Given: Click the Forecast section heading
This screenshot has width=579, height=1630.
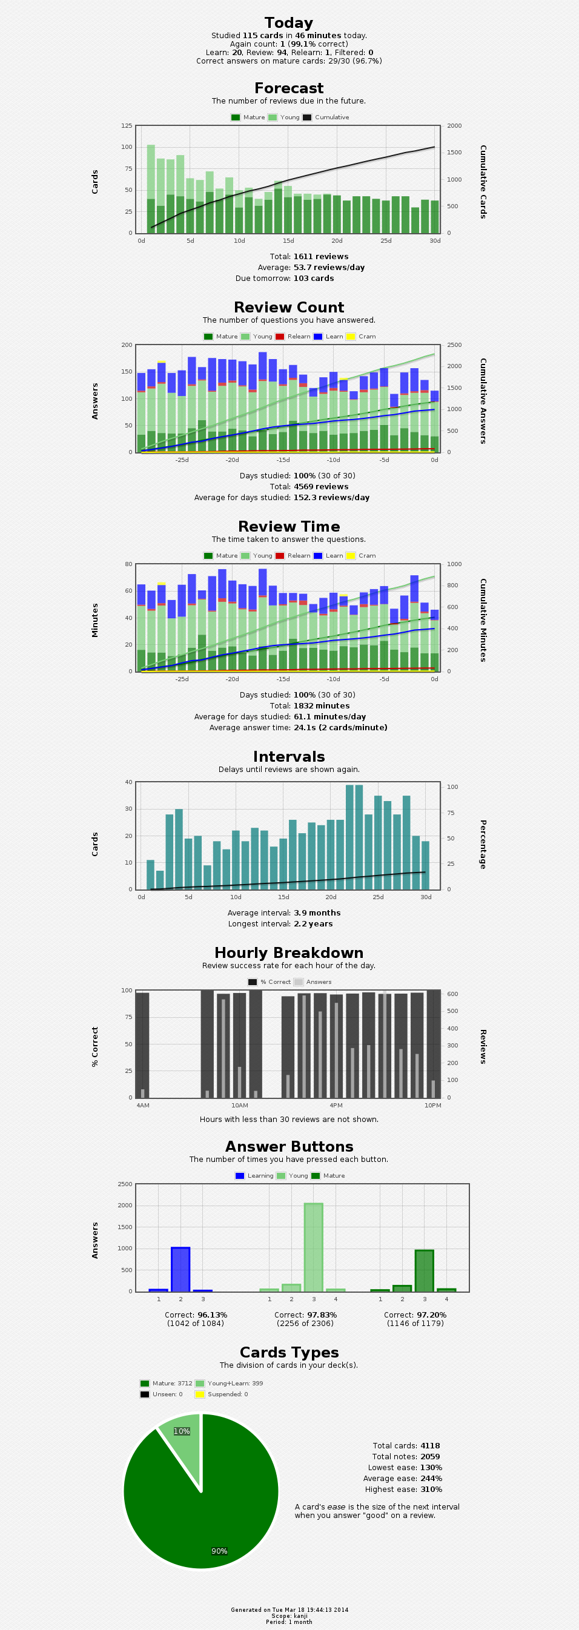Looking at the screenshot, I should coord(288,88).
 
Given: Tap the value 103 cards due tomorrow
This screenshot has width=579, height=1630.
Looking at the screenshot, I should coord(313,279).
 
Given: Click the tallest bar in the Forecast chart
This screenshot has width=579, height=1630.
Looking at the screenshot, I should coord(151,188).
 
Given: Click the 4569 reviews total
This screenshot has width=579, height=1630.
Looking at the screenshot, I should coord(321,487).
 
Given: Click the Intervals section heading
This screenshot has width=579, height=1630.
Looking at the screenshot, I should coord(288,757).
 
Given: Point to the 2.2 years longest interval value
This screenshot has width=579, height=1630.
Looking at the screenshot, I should coord(313,924).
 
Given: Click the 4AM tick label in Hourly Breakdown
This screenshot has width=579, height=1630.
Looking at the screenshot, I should coord(143,1106).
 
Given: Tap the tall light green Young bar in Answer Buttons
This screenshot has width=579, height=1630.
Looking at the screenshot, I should coord(313,1247).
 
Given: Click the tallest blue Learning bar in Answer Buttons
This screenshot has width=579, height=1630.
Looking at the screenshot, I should coord(180,1269).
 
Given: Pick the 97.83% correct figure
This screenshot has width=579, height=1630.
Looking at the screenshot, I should coord(321,1315).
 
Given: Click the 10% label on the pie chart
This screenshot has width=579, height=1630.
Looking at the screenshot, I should coord(182,1431).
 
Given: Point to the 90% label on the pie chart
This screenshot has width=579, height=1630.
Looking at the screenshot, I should coord(219,1551).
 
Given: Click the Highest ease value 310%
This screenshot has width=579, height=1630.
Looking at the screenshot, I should coord(431,1490).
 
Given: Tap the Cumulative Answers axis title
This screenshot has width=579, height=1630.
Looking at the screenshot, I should coord(483,401).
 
